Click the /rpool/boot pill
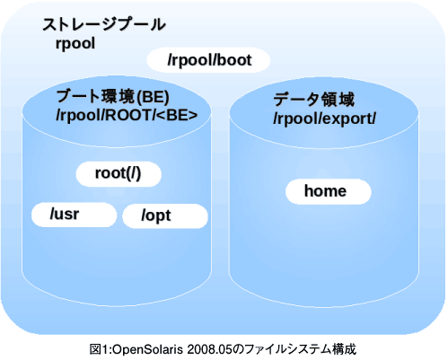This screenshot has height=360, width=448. click(208, 60)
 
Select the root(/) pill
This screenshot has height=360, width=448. click(119, 174)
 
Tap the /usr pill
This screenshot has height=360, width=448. click(74, 215)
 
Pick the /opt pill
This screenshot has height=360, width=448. click(165, 215)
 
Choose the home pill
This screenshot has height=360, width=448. click(329, 191)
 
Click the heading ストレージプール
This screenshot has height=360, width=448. click(104, 24)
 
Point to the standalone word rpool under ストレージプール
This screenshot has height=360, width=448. click(75, 44)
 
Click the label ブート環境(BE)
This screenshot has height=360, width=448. click(112, 97)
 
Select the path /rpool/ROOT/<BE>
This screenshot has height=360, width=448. click(127, 115)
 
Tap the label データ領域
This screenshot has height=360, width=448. click(314, 100)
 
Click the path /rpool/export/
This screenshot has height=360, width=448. click(324, 119)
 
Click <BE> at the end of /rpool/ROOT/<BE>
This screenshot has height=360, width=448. click(177, 115)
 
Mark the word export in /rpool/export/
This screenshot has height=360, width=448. click(347, 119)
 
